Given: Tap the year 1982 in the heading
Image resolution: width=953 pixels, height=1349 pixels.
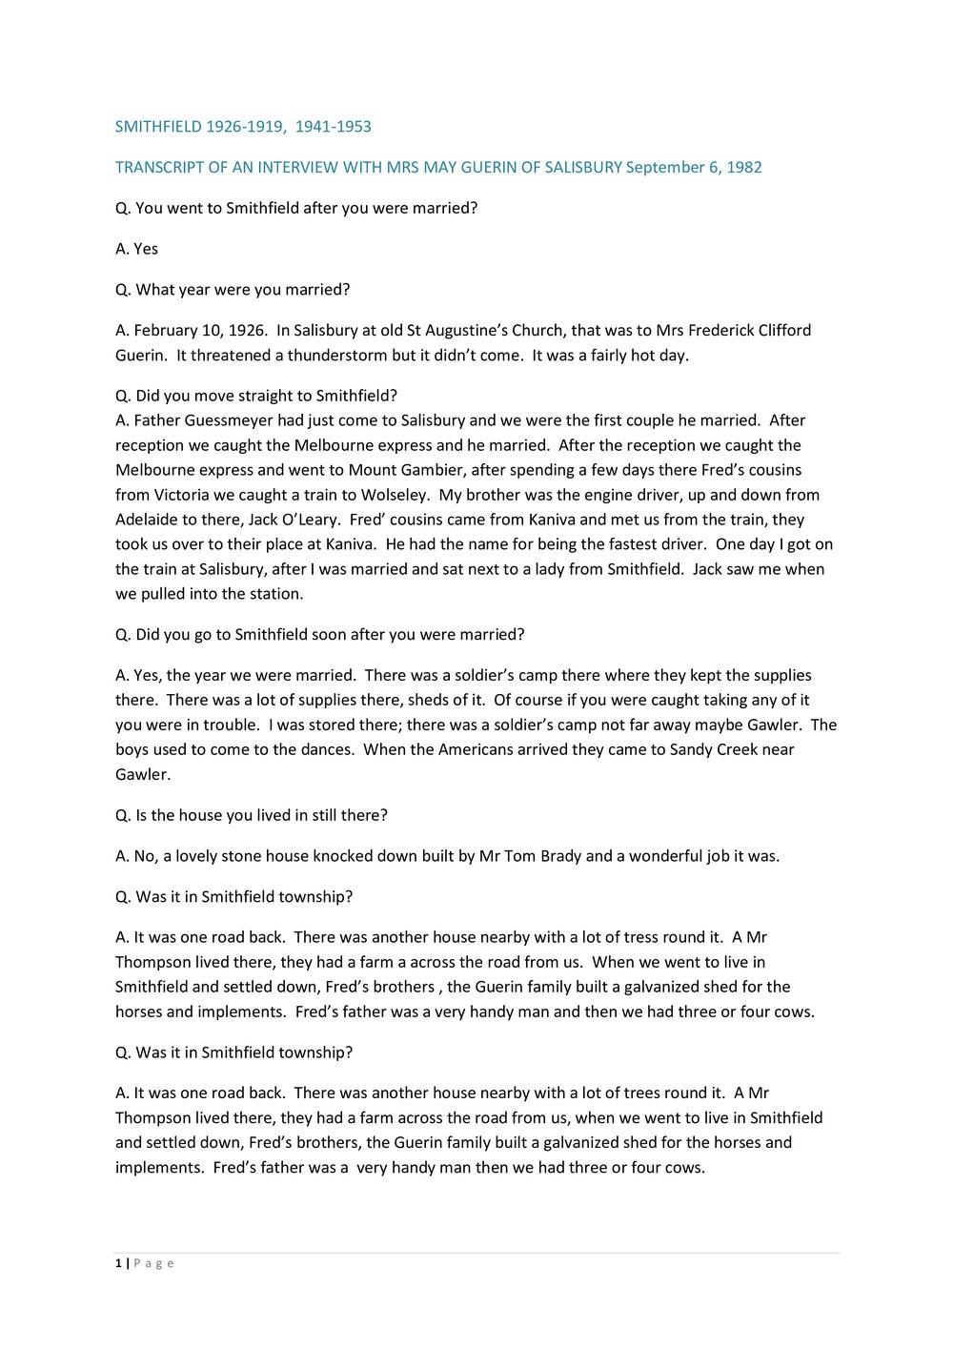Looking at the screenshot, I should tap(743, 168).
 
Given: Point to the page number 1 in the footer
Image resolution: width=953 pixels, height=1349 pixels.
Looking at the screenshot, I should tap(118, 1263).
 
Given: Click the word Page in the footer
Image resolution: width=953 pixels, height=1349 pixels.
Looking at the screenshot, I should tap(153, 1263).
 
